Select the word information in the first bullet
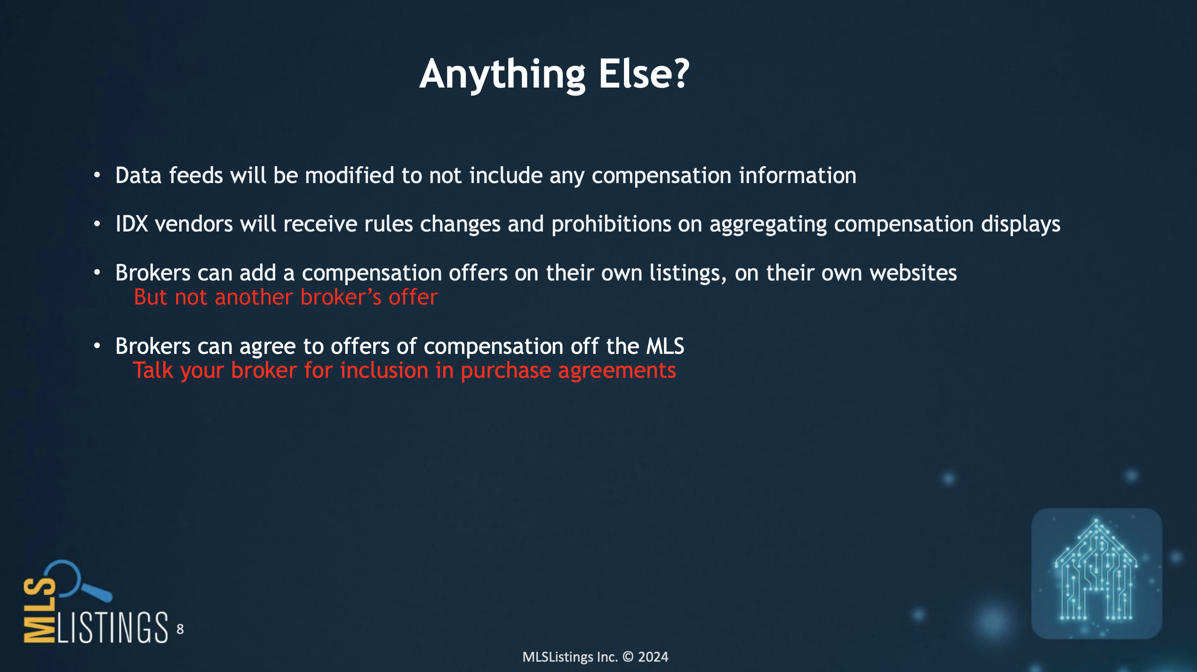coord(798,175)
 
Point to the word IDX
coord(132,224)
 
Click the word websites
coord(913,273)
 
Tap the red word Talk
coord(153,370)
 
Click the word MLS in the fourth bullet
coord(665,346)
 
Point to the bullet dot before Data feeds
coord(97,175)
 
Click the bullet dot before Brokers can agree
coord(97,346)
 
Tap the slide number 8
coord(180,629)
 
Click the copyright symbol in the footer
coord(628,657)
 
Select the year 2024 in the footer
coord(653,657)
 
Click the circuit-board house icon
coord(1096,573)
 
